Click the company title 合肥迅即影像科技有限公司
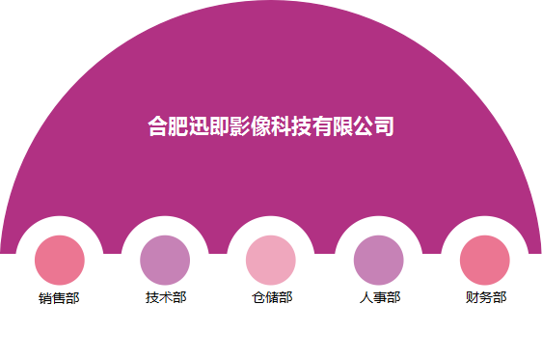pyautogui.click(x=271, y=126)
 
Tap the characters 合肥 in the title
pyautogui.click(x=169, y=126)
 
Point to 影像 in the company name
pyautogui.click(x=251, y=126)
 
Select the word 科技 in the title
pyautogui.click(x=292, y=126)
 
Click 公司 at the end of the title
pyautogui.click(x=374, y=126)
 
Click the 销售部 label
pyautogui.click(x=60, y=297)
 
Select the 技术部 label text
pyautogui.click(x=165, y=297)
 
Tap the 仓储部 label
pyautogui.click(x=271, y=297)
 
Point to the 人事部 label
pyautogui.click(x=379, y=297)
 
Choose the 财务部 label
pyautogui.click(x=485, y=297)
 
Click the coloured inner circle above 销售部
pyautogui.click(x=60, y=260)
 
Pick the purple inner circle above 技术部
pyautogui.click(x=165, y=260)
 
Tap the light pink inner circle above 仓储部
pyautogui.click(x=271, y=260)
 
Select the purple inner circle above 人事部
pyautogui.click(x=379, y=260)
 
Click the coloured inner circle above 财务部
pyautogui.click(x=485, y=260)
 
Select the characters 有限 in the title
pyautogui.click(x=333, y=126)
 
